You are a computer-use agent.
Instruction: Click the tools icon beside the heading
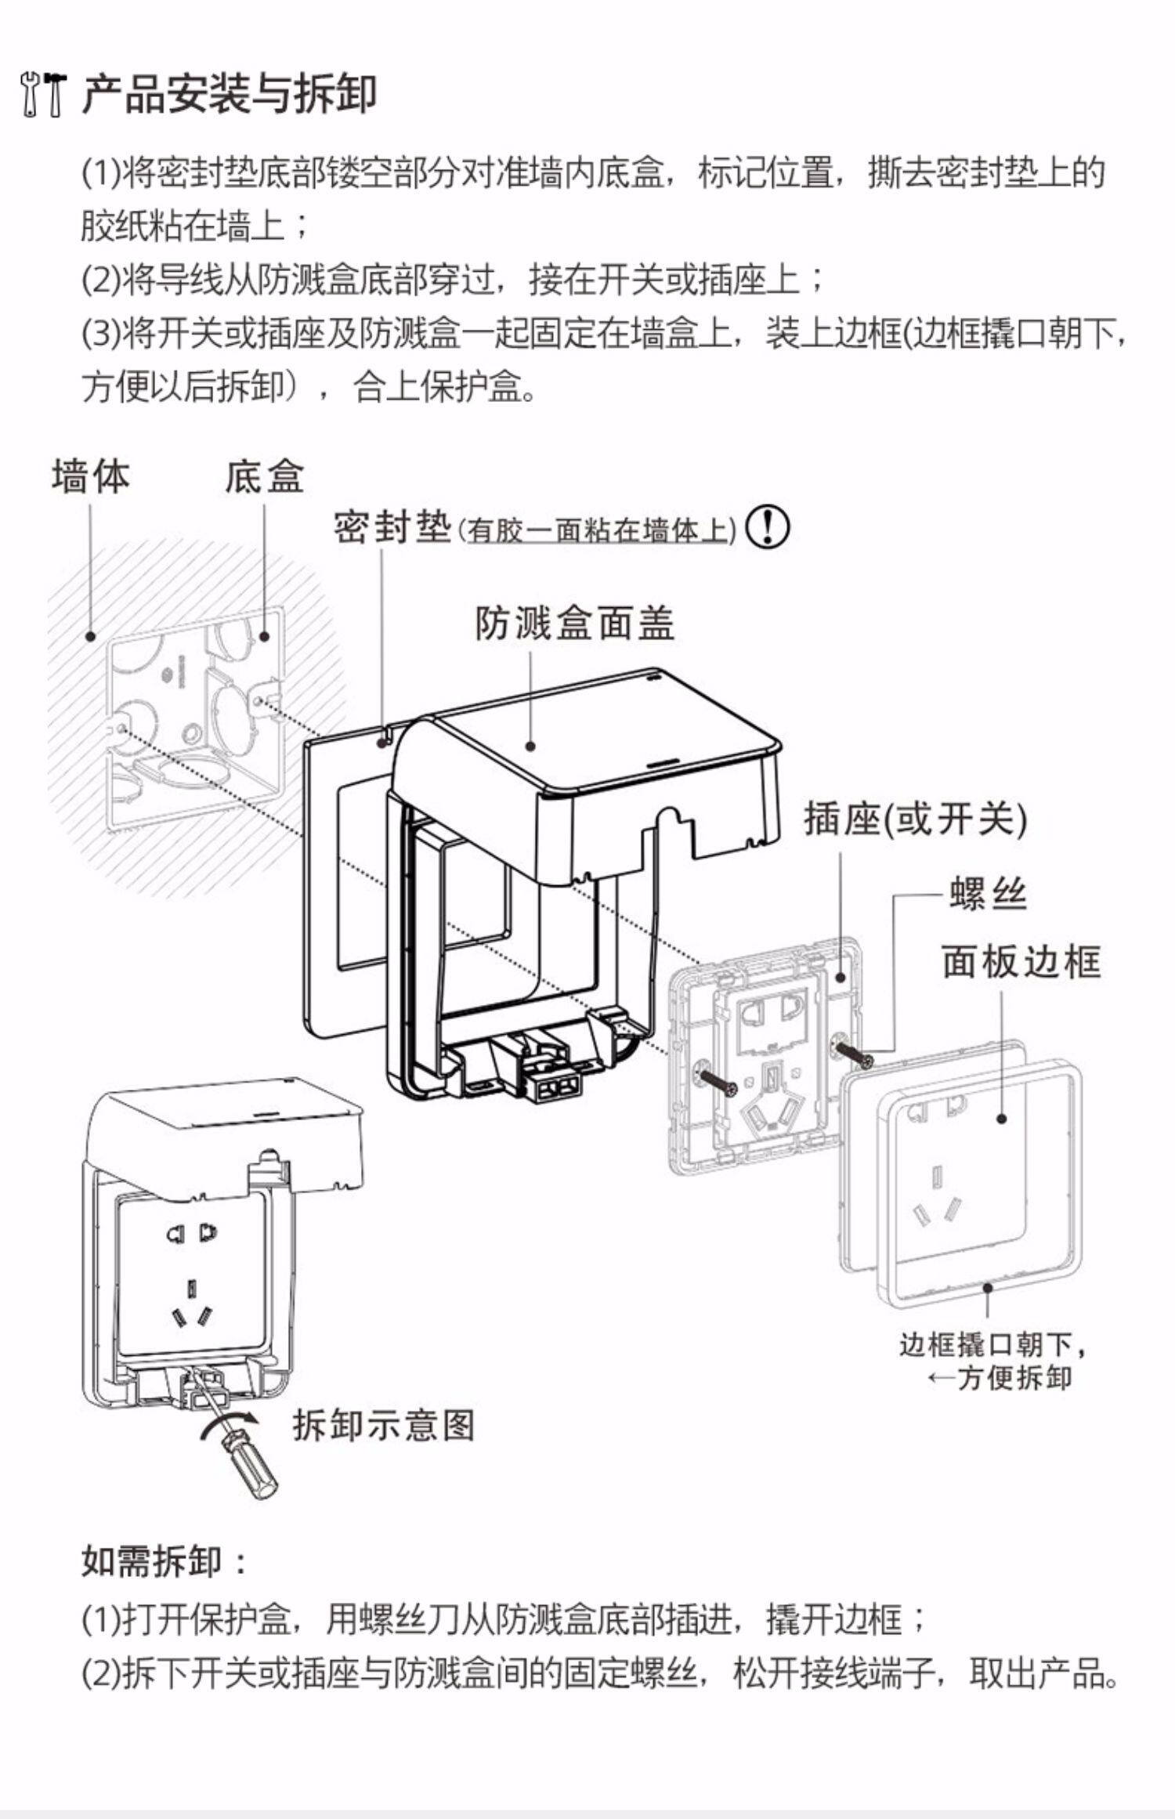click(44, 94)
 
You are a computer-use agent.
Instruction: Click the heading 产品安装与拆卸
click(229, 94)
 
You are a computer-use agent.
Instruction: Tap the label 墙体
click(90, 476)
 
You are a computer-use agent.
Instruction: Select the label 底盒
click(264, 476)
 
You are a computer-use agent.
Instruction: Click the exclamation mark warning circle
click(767, 527)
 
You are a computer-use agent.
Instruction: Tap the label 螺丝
click(988, 893)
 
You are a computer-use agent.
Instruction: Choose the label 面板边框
click(1021, 962)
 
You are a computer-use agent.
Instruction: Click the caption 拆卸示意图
click(384, 1424)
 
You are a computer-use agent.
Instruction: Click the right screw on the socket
click(854, 1054)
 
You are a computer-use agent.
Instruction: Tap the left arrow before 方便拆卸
click(940, 1377)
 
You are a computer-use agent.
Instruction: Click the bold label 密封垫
click(392, 526)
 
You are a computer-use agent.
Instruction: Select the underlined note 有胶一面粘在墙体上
click(598, 531)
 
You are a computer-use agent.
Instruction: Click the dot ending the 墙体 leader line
click(91, 636)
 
